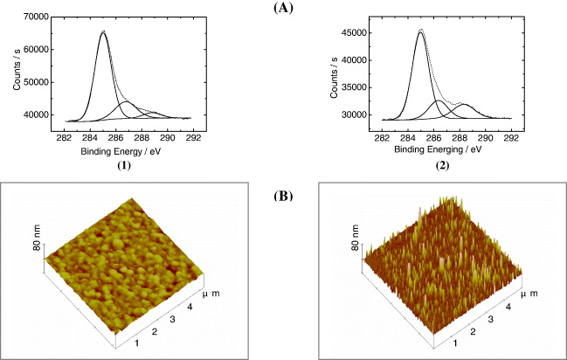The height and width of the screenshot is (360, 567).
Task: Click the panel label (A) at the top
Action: click(x=283, y=7)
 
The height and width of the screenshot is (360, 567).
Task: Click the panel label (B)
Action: click(x=282, y=196)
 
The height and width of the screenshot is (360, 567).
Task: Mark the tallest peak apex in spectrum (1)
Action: click(x=103, y=31)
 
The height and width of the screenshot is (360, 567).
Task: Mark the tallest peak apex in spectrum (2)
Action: click(x=422, y=30)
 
